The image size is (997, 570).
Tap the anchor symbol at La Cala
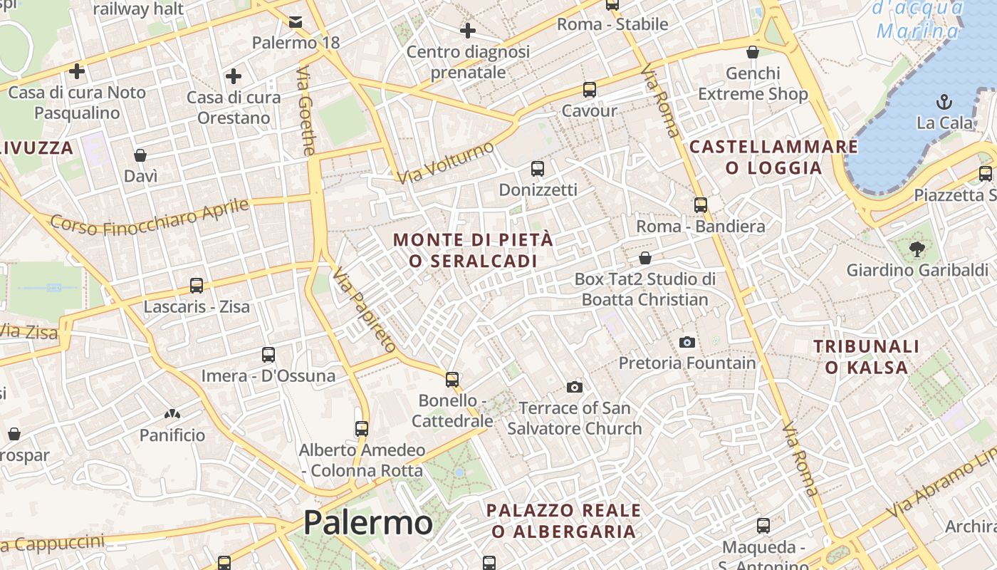(x=944, y=101)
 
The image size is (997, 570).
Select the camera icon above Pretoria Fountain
(x=687, y=342)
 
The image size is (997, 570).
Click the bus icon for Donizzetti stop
(x=538, y=169)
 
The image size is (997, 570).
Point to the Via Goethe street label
(x=306, y=111)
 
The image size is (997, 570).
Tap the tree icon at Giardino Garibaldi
(x=917, y=249)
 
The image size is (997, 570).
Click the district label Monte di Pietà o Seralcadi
(x=473, y=250)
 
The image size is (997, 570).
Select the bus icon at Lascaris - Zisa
(x=197, y=286)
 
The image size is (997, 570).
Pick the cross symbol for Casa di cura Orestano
(x=233, y=76)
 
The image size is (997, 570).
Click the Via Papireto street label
(x=364, y=310)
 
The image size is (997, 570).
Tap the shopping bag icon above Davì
(x=140, y=155)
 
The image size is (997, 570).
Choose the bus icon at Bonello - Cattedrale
(x=452, y=379)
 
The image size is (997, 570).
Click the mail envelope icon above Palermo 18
(x=296, y=22)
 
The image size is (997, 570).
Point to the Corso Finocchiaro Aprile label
(x=150, y=216)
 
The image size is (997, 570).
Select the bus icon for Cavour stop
(x=590, y=90)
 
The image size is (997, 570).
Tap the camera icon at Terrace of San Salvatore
(x=575, y=387)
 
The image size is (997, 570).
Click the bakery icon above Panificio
(x=172, y=414)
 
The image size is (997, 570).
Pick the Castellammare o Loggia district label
(x=773, y=157)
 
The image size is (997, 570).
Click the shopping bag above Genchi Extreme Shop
(x=753, y=52)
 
